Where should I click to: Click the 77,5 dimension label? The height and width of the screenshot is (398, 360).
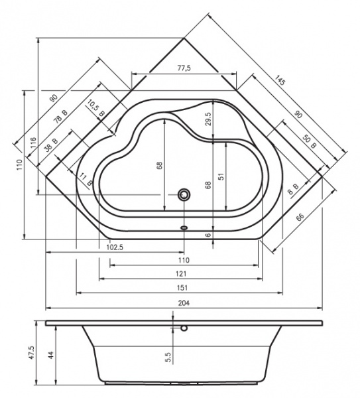tap(184, 68)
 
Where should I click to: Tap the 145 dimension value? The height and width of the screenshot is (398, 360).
tap(280, 80)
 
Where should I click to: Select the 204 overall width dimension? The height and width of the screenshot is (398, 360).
tap(184, 303)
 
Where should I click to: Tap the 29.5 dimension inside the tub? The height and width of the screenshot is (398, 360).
tap(208, 119)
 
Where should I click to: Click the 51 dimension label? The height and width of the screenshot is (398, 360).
tap(221, 176)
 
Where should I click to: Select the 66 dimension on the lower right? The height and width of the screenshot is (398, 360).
tap(300, 217)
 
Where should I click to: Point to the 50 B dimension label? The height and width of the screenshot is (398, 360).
tap(310, 142)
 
